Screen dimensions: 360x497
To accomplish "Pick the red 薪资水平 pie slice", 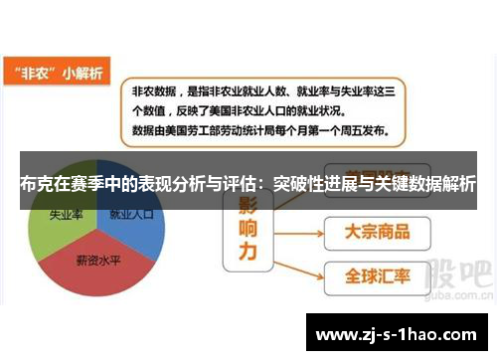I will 99,261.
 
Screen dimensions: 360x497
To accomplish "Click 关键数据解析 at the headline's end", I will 424,183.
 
